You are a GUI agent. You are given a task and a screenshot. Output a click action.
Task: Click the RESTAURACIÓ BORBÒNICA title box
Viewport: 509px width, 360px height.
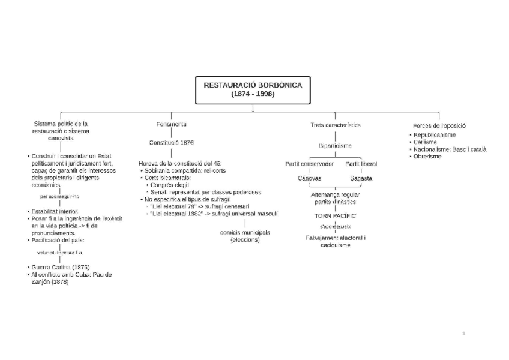pos(253,89)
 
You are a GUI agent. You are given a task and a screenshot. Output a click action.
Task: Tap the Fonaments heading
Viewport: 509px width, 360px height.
pos(172,124)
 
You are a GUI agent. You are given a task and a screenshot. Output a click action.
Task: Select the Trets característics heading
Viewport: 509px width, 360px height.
pos(336,125)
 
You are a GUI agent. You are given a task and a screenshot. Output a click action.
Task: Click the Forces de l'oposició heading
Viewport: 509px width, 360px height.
pos(439,125)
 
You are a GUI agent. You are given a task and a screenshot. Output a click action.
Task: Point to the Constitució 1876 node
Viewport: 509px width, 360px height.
pos(172,143)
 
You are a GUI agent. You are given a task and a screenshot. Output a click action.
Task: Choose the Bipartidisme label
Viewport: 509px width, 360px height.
pos(335,146)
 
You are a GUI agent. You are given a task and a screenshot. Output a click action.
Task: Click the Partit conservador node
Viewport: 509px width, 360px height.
pos(310,164)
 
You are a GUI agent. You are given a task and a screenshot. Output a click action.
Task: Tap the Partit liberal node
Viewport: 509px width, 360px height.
pos(361,164)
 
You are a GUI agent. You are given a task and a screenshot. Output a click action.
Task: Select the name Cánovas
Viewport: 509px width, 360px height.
pos(309,178)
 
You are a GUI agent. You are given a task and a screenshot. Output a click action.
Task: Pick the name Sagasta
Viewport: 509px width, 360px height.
pos(361,178)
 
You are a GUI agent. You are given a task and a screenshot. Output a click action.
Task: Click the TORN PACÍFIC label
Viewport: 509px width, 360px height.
pos(335,215)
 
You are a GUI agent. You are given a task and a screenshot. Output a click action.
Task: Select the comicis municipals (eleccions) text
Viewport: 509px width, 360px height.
pos(245,236)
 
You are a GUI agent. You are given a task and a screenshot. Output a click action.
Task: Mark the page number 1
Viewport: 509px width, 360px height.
pos(463,333)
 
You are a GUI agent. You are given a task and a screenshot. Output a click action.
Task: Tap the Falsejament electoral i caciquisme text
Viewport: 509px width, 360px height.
pos(335,242)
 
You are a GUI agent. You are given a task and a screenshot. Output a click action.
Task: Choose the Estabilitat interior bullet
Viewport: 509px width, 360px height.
pos(55,212)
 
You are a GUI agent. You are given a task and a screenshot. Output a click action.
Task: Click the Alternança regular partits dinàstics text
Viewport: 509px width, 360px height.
pos(335,199)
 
